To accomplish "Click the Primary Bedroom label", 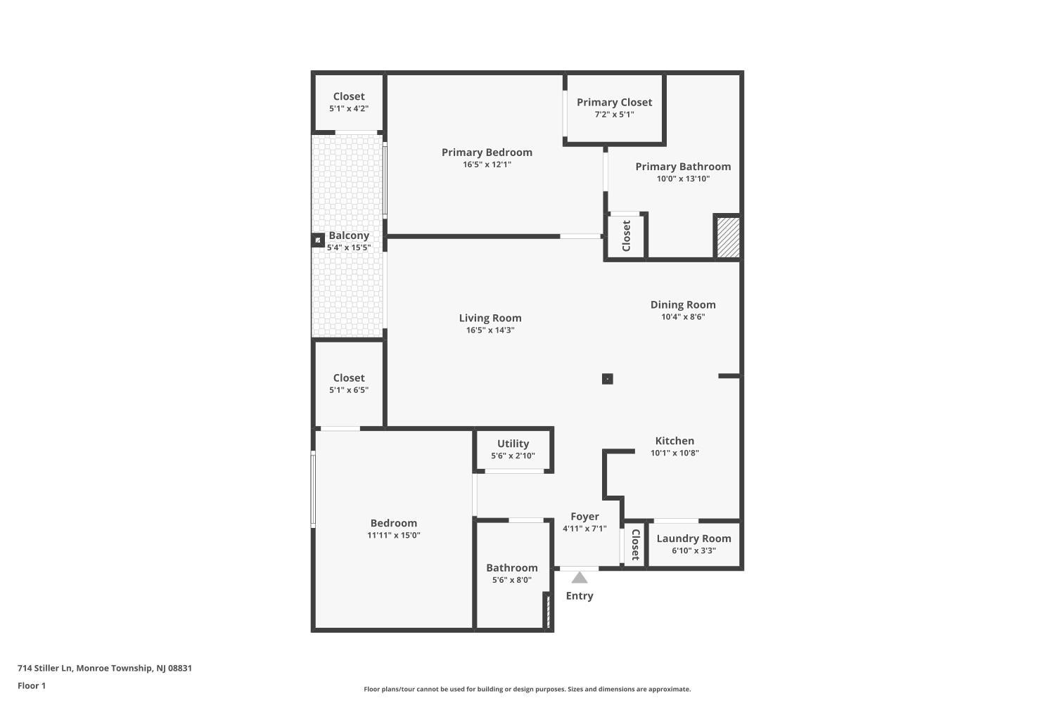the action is [x=487, y=152].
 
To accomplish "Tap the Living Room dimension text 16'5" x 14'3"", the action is [x=490, y=330].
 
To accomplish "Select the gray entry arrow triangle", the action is [x=580, y=577].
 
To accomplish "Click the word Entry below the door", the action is [x=580, y=595].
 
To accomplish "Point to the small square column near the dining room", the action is [x=608, y=379].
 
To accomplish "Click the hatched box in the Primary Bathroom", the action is [x=728, y=237].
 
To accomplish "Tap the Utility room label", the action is [x=513, y=444].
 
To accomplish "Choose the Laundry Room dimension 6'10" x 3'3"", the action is [x=693, y=550].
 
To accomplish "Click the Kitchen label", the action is [x=674, y=441].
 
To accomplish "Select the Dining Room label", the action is [x=683, y=304].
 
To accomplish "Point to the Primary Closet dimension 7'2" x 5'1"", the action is [x=614, y=115].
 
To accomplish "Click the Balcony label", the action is [x=349, y=236].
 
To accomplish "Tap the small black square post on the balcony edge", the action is [x=318, y=240].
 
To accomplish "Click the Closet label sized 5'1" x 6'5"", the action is [x=349, y=378].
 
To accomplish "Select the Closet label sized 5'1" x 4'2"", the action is [x=349, y=96].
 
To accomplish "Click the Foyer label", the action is [x=584, y=517].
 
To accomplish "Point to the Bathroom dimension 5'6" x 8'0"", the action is [x=512, y=580].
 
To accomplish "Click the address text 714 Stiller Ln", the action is [x=45, y=668].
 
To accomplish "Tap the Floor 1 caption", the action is [x=32, y=685].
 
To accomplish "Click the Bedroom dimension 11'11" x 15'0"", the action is [x=394, y=536].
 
